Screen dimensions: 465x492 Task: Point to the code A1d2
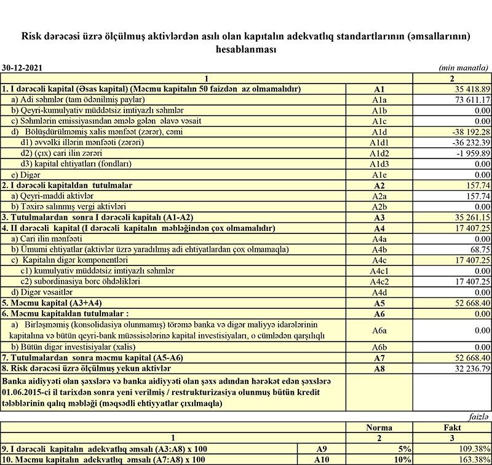pos(379,153)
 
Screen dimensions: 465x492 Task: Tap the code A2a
pos(379,196)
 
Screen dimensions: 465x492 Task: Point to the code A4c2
pos(379,281)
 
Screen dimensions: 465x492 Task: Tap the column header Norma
pos(379,426)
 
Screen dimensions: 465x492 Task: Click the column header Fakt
pos(452,426)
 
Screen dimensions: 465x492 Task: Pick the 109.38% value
pos(472,448)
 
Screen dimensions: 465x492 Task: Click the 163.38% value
pos(472,459)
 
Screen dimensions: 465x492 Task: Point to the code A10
pos(321,459)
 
